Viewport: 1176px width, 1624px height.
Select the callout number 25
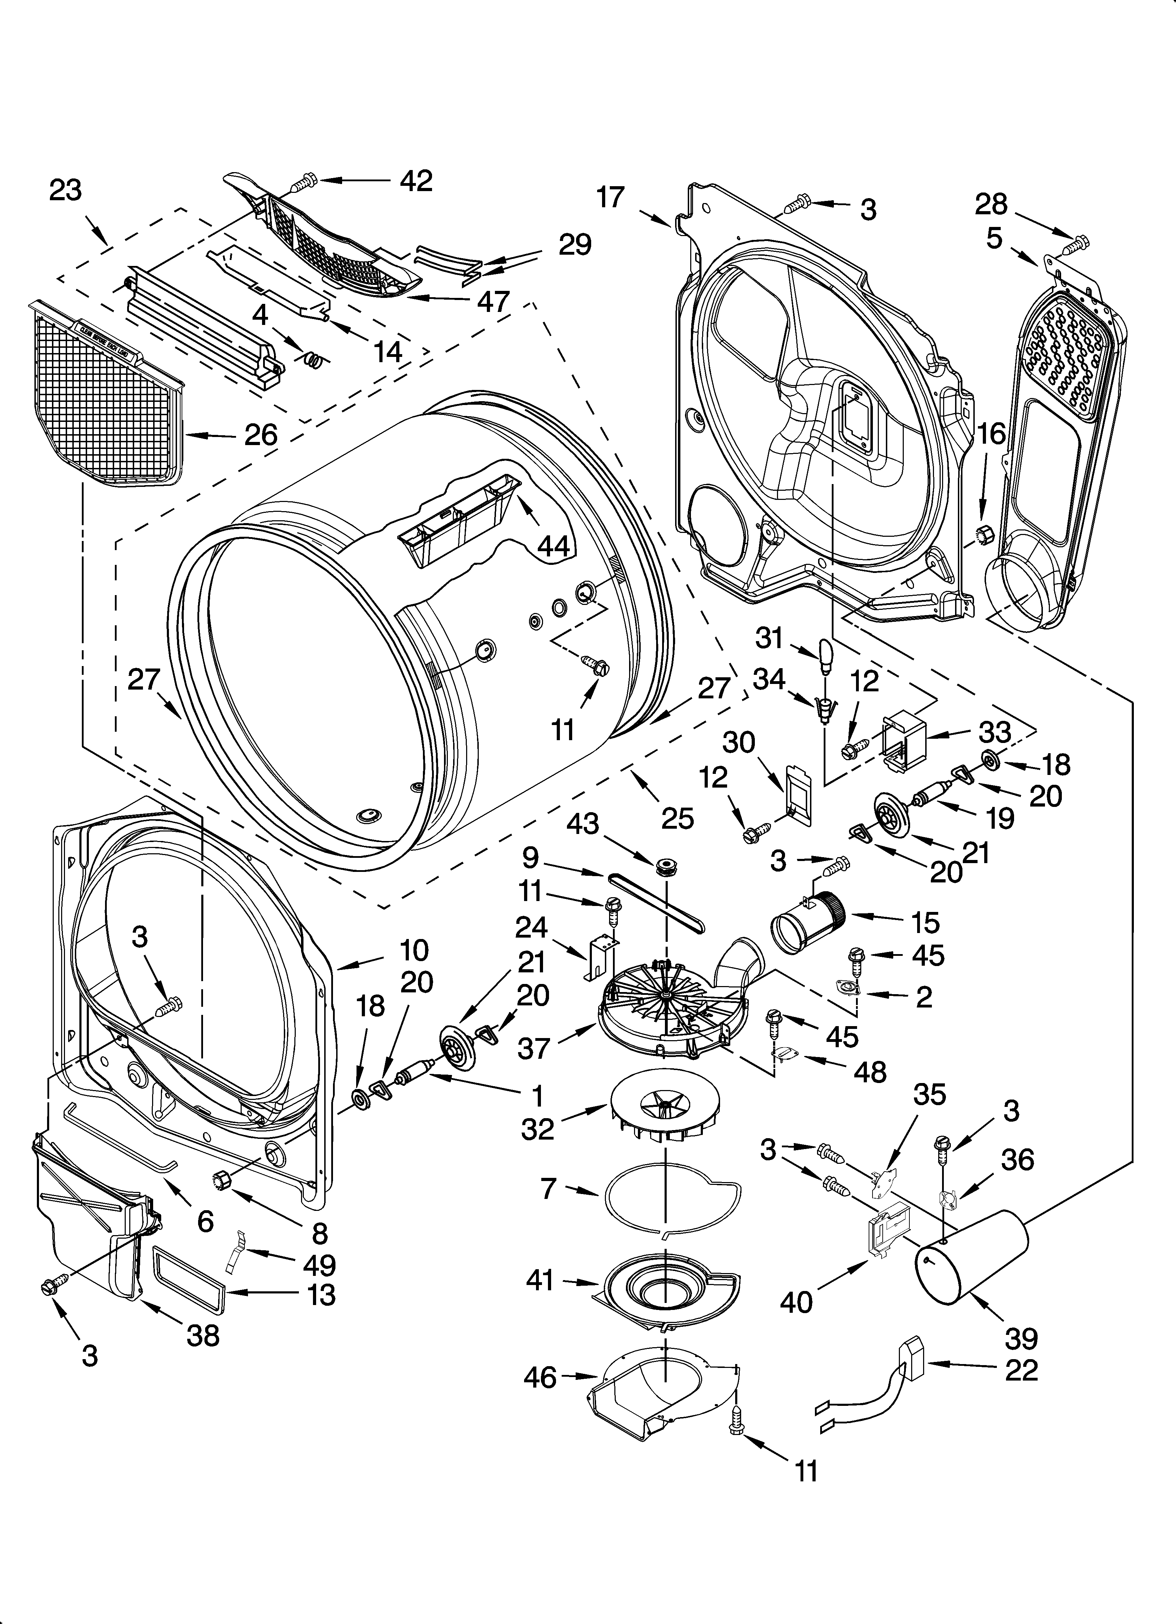coord(678,818)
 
